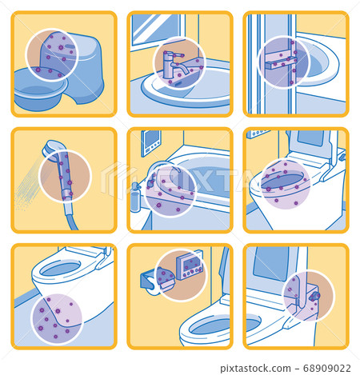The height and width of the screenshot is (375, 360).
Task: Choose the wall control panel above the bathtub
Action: point(150,143)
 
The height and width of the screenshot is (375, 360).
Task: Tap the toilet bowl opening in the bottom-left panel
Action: point(61,268)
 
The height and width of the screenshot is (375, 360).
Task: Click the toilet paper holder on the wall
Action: point(155,281)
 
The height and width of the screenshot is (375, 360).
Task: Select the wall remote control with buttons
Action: point(190,266)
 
